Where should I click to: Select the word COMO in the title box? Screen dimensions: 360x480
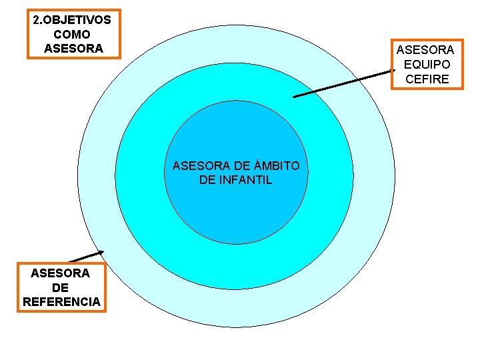tap(71, 34)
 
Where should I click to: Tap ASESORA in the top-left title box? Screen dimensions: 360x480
tap(73, 48)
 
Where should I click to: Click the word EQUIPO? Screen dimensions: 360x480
tap(427, 65)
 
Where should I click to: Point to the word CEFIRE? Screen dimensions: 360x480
tap(427, 79)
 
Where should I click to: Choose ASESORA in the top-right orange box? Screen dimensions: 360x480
tap(425, 50)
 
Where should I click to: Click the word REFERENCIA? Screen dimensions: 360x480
tap(61, 301)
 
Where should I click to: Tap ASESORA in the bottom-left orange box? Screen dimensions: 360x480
tap(60, 273)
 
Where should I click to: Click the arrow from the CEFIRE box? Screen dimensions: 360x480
tap(343, 83)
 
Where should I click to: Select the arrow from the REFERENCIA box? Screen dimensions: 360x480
tap(85, 257)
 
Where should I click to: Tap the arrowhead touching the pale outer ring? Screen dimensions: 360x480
tap(101, 252)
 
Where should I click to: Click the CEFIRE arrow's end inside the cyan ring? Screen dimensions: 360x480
tap(295, 97)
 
